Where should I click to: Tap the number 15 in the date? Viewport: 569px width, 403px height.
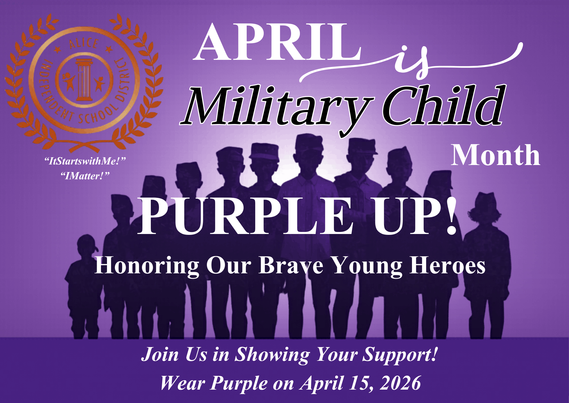tap(361, 383)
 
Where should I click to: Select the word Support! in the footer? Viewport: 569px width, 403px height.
tap(400, 355)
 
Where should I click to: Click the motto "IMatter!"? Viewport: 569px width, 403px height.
tap(85, 176)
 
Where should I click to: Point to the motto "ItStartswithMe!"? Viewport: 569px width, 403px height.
tap(85, 161)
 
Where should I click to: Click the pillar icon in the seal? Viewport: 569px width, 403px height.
tap(84, 80)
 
